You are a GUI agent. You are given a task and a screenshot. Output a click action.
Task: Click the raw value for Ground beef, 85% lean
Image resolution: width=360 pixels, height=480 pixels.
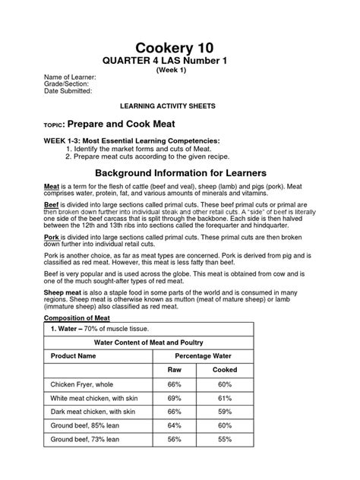click(175, 425)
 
